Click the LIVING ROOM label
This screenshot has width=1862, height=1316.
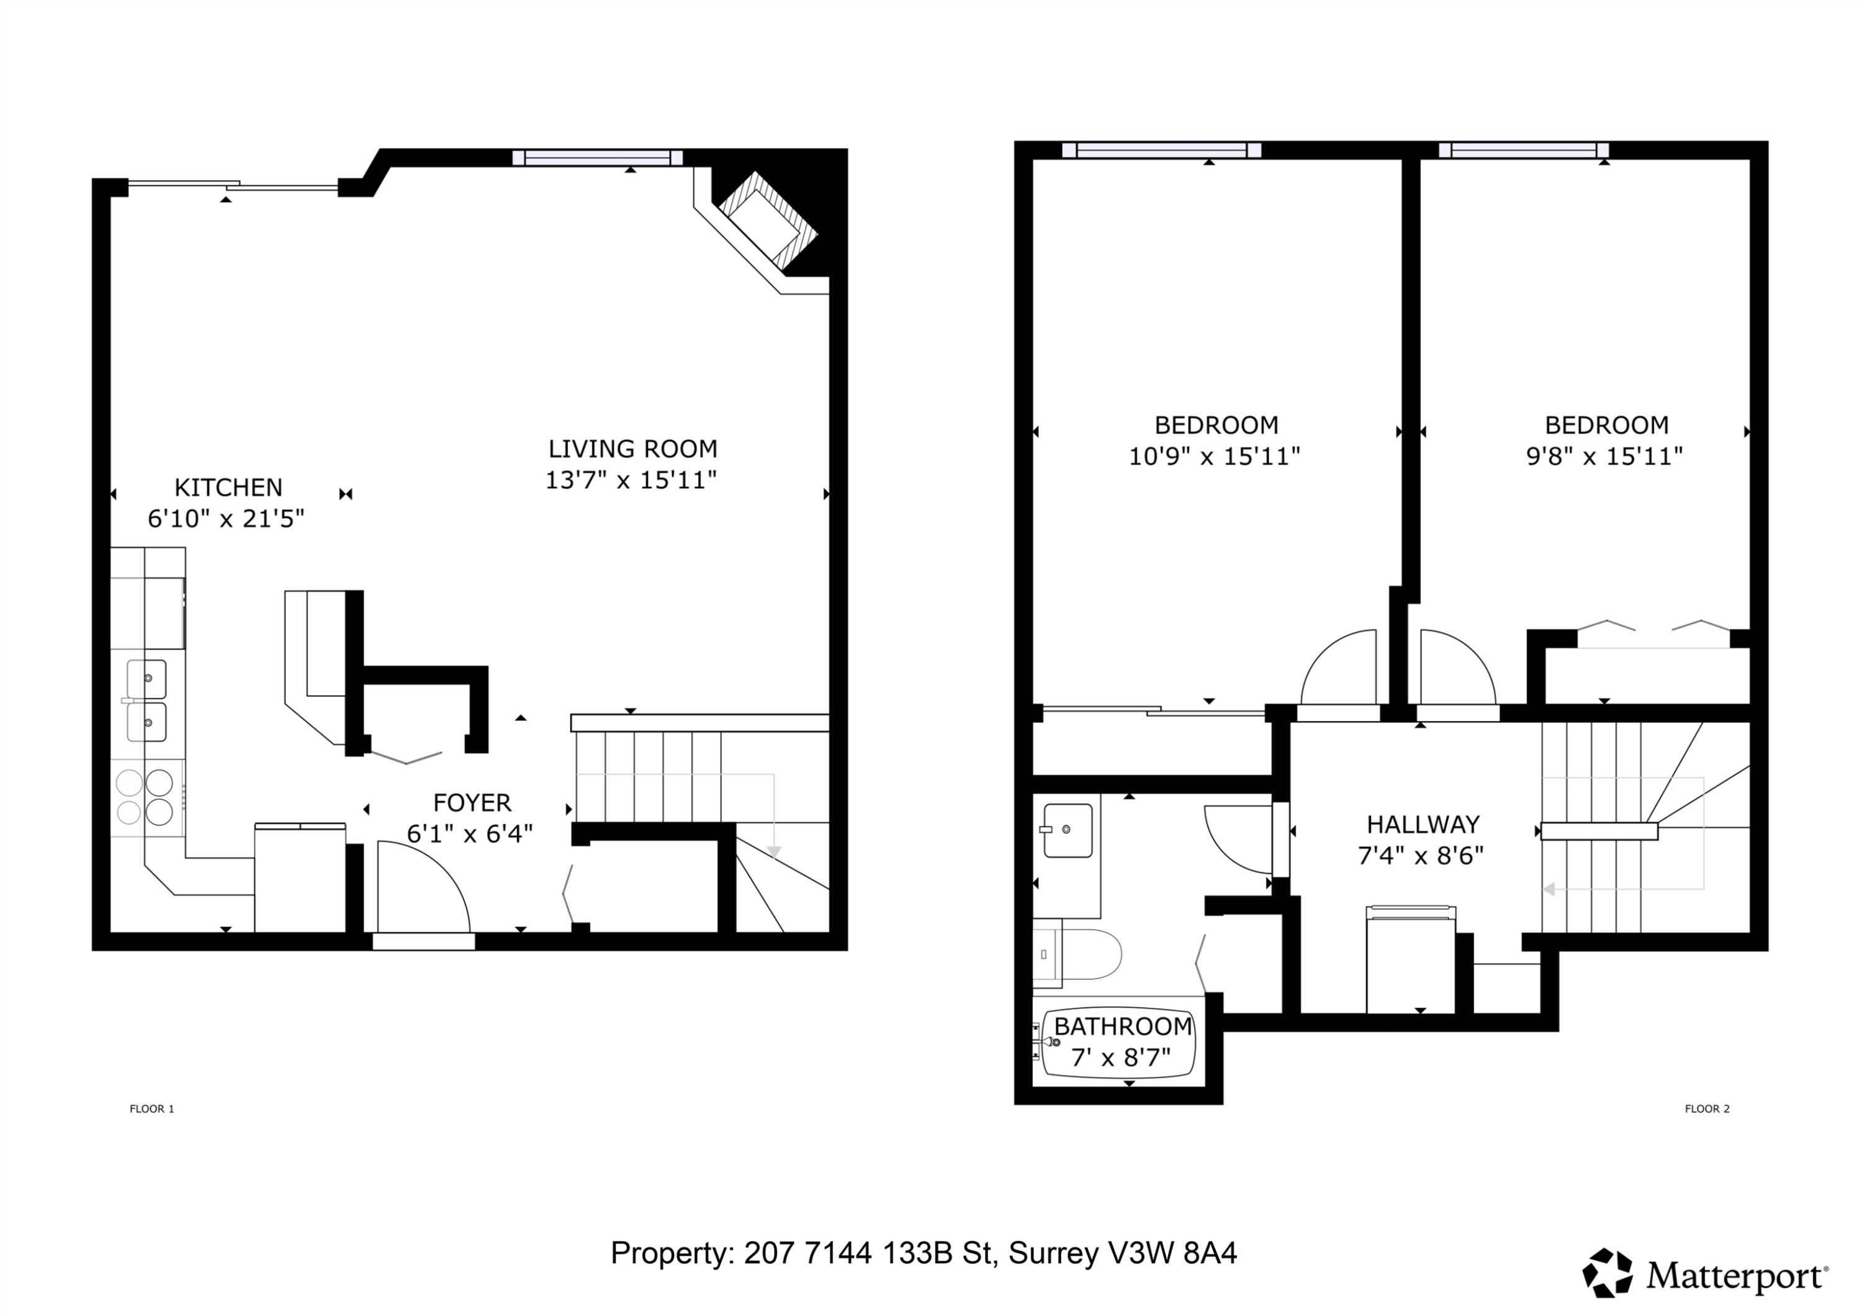[x=632, y=449]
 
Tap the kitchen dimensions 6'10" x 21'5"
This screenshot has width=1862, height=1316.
[x=227, y=519]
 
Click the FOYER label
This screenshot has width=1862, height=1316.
[x=472, y=803]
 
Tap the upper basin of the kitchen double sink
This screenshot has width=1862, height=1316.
[x=146, y=678]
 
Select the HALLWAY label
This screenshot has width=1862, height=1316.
[x=1423, y=825]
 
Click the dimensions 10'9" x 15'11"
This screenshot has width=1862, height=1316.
[x=1214, y=457]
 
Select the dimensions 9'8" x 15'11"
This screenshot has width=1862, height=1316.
[x=1604, y=457]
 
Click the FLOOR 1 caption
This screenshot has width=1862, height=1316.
[x=151, y=1108]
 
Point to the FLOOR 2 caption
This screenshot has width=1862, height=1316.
[x=1707, y=1108]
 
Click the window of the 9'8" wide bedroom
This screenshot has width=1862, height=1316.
[x=1523, y=150]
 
